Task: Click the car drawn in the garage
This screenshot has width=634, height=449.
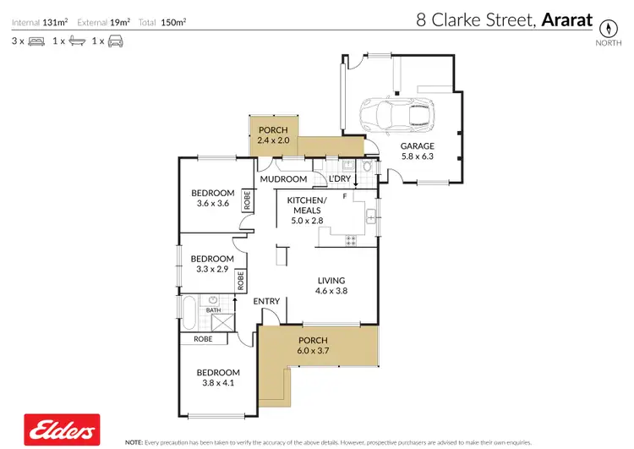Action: pyautogui.click(x=396, y=114)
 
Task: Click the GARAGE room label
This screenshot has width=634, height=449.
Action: pyautogui.click(x=417, y=146)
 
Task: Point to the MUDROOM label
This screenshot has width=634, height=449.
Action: pyautogui.click(x=282, y=179)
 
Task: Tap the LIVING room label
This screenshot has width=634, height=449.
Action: pyautogui.click(x=331, y=281)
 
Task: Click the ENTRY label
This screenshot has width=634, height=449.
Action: pyautogui.click(x=266, y=301)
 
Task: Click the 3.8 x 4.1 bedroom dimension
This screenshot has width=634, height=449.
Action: pyautogui.click(x=218, y=383)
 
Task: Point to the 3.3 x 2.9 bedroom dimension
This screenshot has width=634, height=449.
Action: pyautogui.click(x=211, y=269)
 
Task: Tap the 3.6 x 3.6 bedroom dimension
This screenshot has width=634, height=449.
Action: pyautogui.click(x=212, y=203)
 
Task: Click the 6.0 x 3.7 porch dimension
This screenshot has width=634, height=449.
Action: pyautogui.click(x=312, y=350)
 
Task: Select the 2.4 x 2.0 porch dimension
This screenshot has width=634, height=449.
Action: pyautogui.click(x=273, y=140)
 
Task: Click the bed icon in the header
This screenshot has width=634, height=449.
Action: pyautogui.click(x=36, y=41)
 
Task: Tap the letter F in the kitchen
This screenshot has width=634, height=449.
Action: pyautogui.click(x=345, y=196)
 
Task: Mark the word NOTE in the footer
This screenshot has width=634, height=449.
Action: pyautogui.click(x=134, y=442)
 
